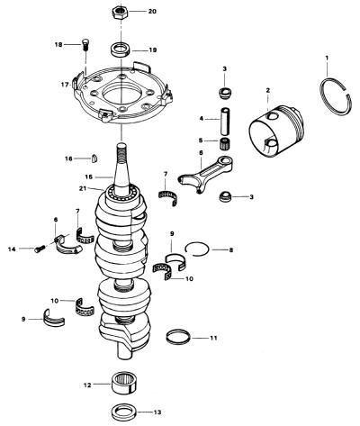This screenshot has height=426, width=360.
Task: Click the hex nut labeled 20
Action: pyautogui.click(x=121, y=13)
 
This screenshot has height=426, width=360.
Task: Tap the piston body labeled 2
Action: pyautogui.click(x=276, y=130)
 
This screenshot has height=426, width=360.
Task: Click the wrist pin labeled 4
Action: pyautogui.click(x=226, y=122)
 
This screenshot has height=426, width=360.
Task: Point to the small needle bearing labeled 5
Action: pyautogui.click(x=225, y=140)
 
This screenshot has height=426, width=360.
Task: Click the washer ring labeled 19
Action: pyautogui.click(x=121, y=50)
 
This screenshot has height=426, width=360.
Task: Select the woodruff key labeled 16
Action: pyautogui.click(x=94, y=159)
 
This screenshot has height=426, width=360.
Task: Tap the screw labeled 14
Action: pyautogui.click(x=40, y=249)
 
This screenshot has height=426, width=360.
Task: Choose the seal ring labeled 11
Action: pyautogui.click(x=178, y=337)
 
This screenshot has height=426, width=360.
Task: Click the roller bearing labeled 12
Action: pyautogui.click(x=123, y=383)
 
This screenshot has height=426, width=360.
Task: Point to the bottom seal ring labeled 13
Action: pyautogui.click(x=123, y=412)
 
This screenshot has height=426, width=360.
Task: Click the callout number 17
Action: pyautogui.click(x=65, y=85)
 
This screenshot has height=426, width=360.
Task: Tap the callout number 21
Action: pyautogui.click(x=83, y=188)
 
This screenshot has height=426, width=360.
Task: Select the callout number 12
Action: pyautogui.click(x=87, y=385)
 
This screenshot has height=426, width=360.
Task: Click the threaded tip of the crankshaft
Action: pyautogui.click(x=121, y=151)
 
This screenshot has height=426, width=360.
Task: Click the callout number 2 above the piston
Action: pyautogui.click(x=268, y=90)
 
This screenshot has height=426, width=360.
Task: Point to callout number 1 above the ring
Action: pyautogui.click(x=327, y=57)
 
